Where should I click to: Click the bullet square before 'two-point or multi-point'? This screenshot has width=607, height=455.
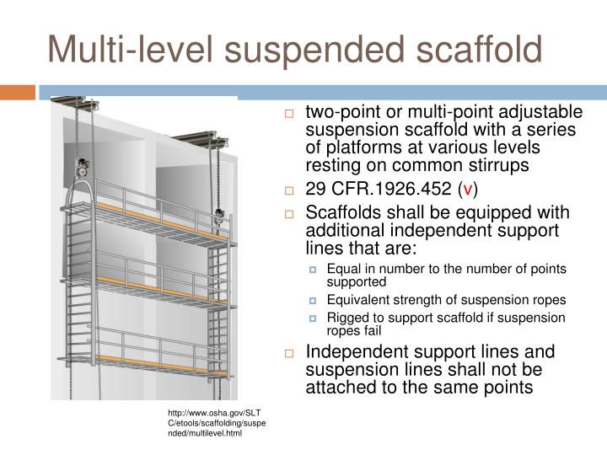coord(288,114)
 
